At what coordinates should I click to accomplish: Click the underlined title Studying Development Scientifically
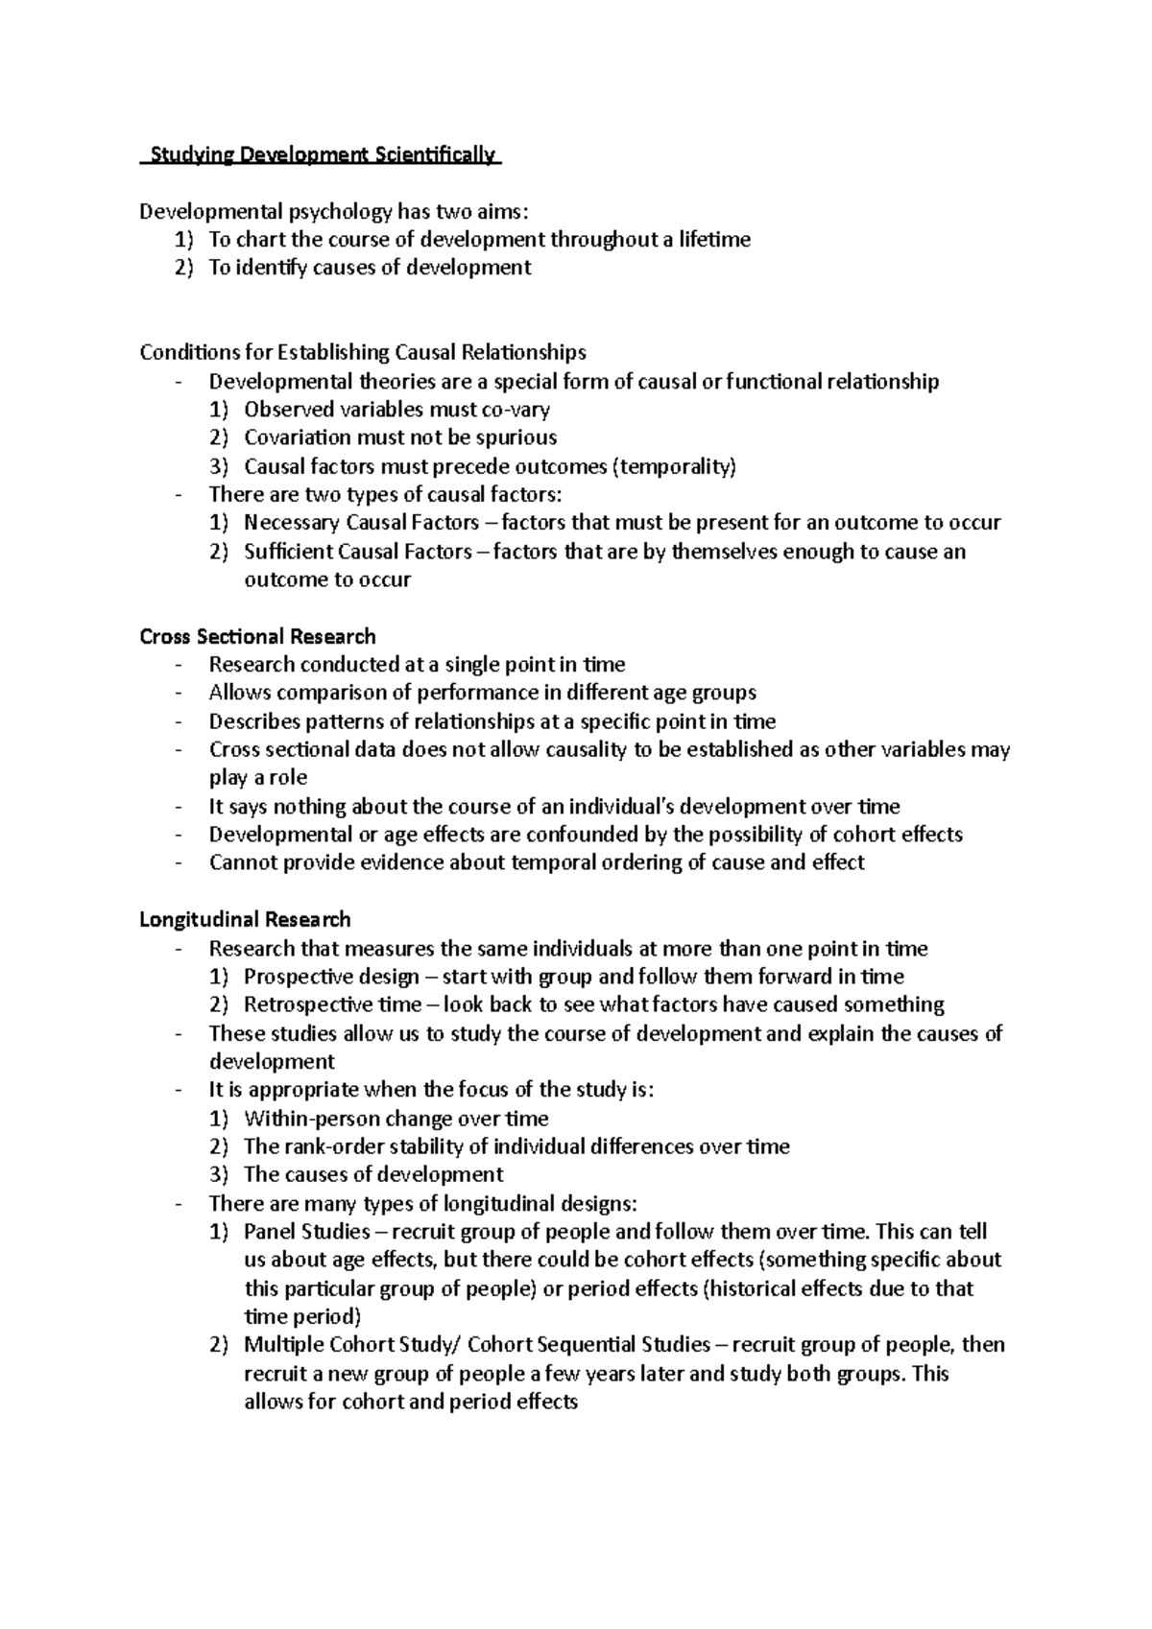[x=321, y=154]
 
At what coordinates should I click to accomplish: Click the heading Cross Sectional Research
[x=257, y=636]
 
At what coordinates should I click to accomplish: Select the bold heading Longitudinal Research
[x=245, y=919]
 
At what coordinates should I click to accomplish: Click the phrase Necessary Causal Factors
[x=361, y=523]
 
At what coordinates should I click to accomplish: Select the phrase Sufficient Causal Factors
[x=358, y=552]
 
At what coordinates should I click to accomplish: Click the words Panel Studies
[x=307, y=1231]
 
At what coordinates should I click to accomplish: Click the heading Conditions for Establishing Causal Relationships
[x=362, y=352]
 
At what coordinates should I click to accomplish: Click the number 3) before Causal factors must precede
[x=219, y=467]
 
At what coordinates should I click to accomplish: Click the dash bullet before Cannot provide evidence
[x=179, y=862]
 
